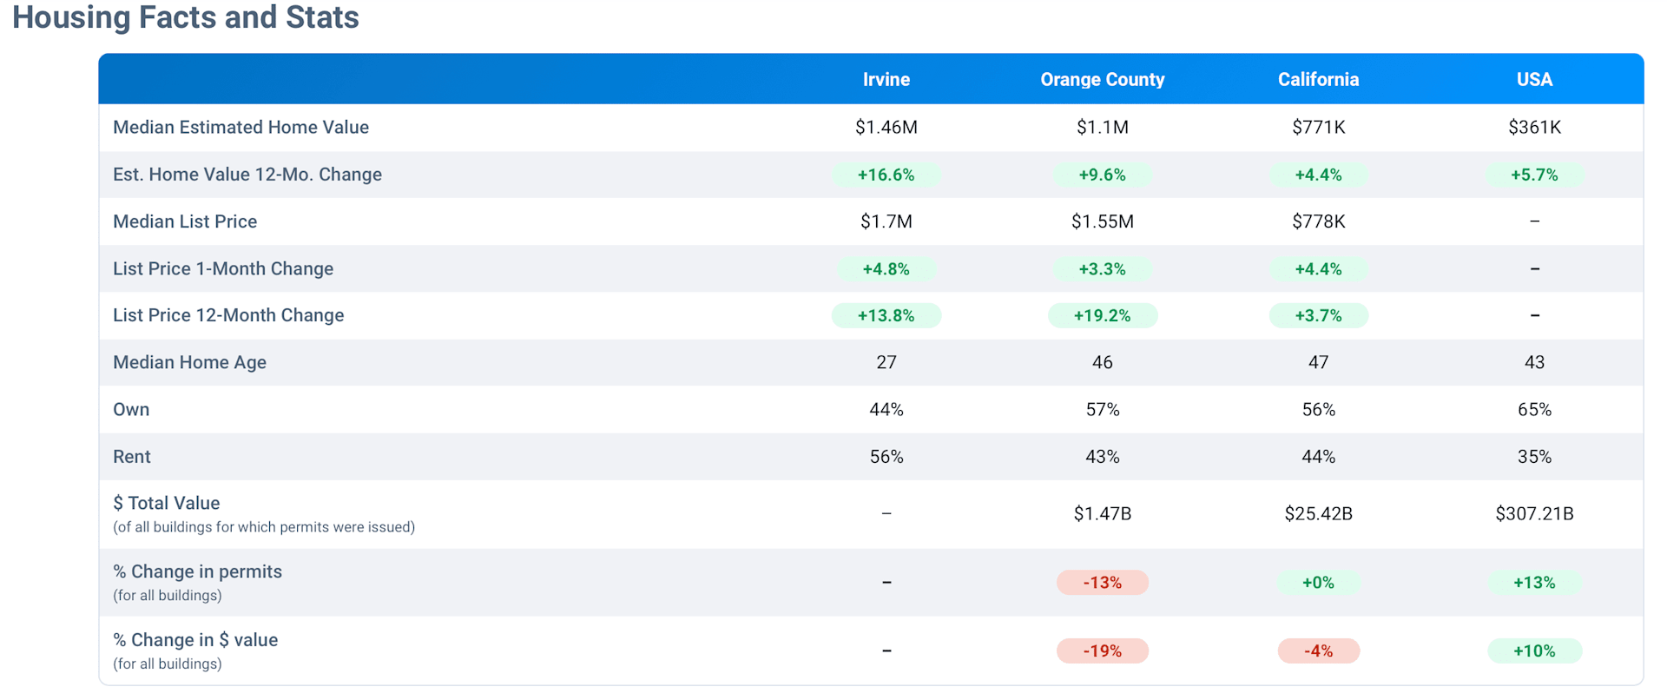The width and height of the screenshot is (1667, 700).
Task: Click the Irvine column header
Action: pos(886,80)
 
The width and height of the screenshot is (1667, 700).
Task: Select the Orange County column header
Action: pos(1102,80)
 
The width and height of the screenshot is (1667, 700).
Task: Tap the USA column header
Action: pos(1534,80)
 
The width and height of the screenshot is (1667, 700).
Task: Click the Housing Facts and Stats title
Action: pos(186,17)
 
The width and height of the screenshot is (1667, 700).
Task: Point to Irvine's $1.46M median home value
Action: pos(886,128)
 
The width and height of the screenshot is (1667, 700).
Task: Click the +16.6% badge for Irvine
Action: pos(886,175)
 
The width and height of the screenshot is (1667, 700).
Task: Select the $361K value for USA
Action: pos(1534,128)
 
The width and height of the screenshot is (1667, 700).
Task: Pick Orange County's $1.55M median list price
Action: pos(1102,221)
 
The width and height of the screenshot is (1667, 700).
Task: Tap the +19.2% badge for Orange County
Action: pos(1102,315)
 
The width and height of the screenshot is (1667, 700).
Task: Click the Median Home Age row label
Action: pos(189,363)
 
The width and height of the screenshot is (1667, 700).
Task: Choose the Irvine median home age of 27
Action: pos(886,363)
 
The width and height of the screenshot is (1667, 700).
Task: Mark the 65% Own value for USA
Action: pos(1534,410)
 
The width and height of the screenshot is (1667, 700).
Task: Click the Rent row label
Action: pos(132,457)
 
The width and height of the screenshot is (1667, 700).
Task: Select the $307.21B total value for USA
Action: pos(1534,514)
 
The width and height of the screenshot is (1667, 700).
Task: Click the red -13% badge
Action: pos(1102,583)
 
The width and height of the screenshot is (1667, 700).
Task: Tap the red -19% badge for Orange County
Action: pos(1102,651)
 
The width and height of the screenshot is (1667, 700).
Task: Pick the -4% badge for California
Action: pos(1318,651)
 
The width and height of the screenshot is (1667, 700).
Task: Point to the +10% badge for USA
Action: pos(1534,651)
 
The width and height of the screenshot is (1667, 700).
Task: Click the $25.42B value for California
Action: pos(1318,514)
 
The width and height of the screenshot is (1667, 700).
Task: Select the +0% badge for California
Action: pos(1318,583)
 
